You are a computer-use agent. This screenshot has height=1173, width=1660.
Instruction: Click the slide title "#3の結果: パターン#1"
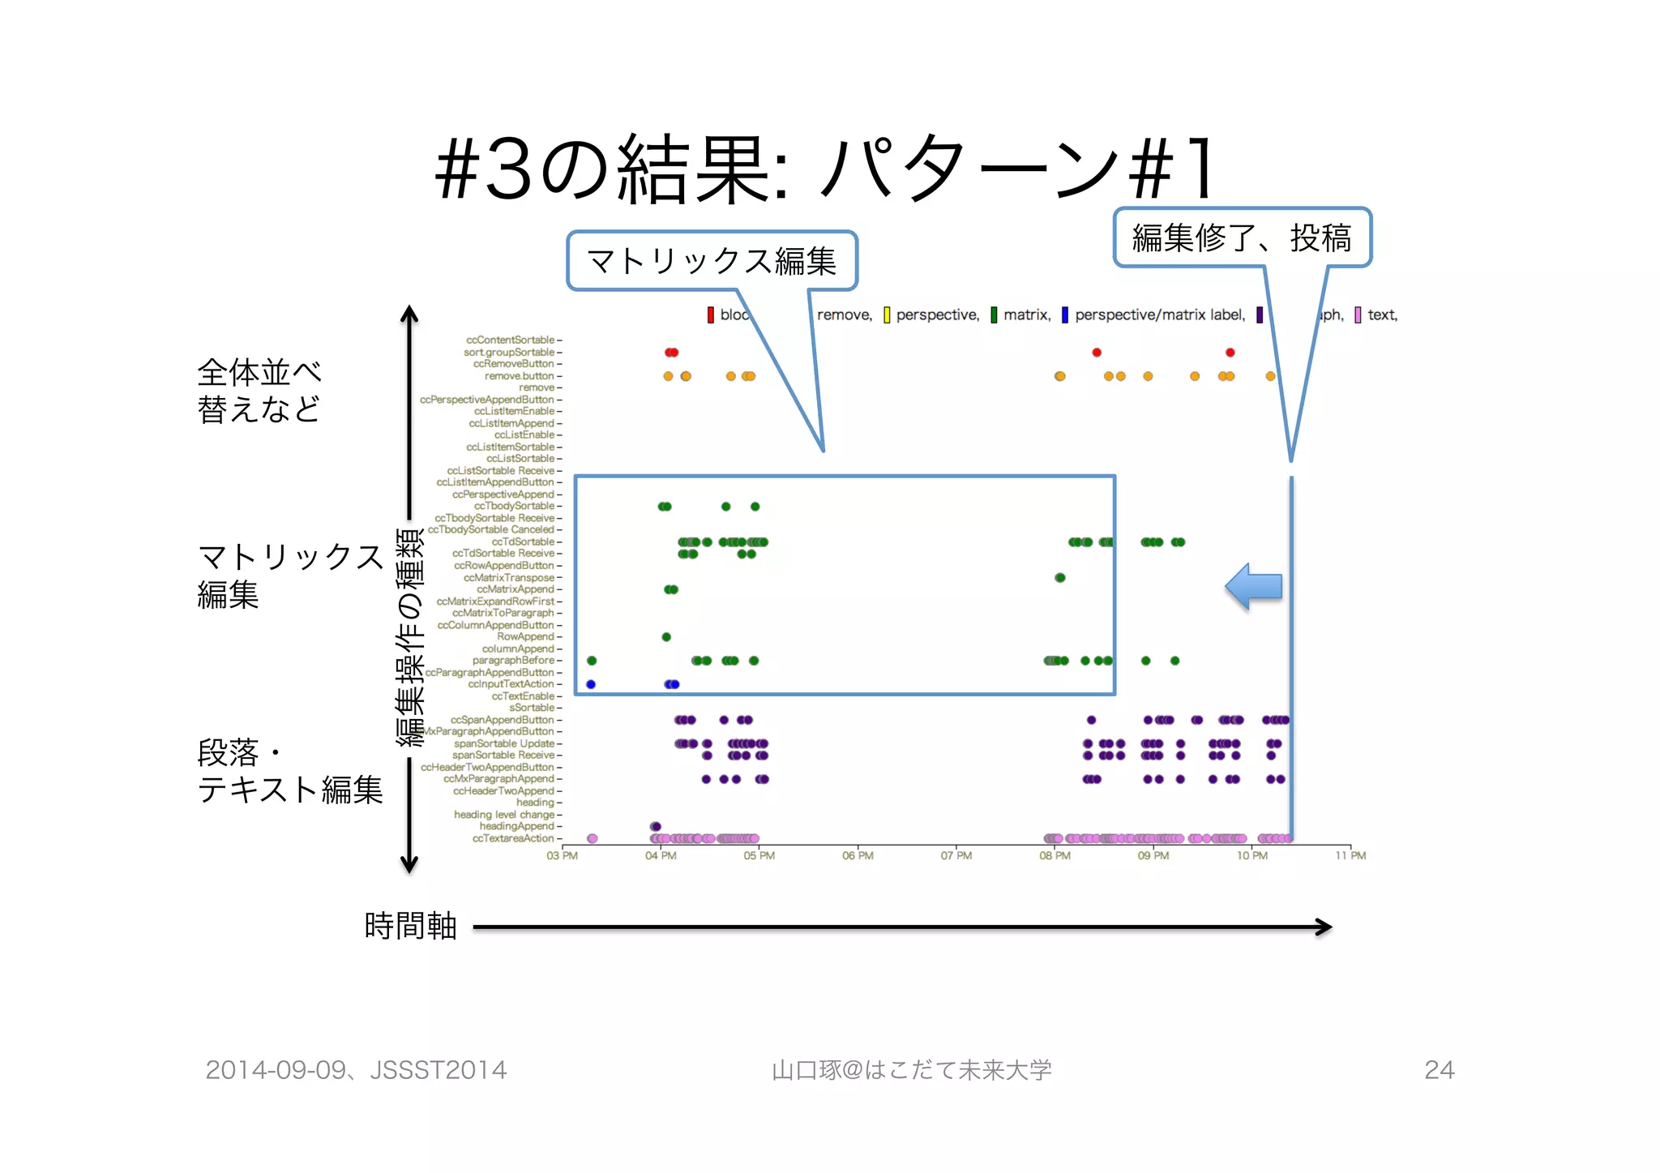click(x=827, y=168)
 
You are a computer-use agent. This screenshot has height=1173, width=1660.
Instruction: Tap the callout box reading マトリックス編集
click(x=712, y=261)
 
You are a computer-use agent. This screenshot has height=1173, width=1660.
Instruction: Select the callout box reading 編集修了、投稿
click(x=1242, y=238)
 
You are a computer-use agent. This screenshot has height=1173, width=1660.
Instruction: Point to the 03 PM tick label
click(x=562, y=856)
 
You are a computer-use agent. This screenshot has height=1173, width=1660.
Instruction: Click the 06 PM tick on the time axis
click(x=858, y=856)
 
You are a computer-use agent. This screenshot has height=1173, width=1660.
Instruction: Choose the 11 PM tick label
click(x=1350, y=856)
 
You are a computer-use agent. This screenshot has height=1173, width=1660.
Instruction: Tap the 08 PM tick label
click(x=1055, y=856)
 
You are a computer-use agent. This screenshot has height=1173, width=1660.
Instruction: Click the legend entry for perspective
click(x=931, y=315)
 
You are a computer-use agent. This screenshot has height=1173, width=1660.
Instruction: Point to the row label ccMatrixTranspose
click(x=509, y=578)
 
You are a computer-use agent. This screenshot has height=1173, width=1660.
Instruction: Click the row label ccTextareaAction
click(x=513, y=839)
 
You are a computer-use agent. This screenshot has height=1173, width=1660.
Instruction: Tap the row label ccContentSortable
click(x=511, y=340)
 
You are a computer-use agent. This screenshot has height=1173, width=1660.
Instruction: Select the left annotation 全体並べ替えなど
click(x=259, y=391)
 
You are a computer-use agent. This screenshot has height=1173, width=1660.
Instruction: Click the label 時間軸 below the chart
click(x=411, y=926)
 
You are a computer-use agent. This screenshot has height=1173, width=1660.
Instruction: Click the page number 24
click(x=1440, y=1070)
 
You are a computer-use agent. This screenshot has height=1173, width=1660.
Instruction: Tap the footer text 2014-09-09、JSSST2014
click(x=356, y=1070)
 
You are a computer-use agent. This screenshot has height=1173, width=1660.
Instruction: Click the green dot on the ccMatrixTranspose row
click(x=1060, y=578)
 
